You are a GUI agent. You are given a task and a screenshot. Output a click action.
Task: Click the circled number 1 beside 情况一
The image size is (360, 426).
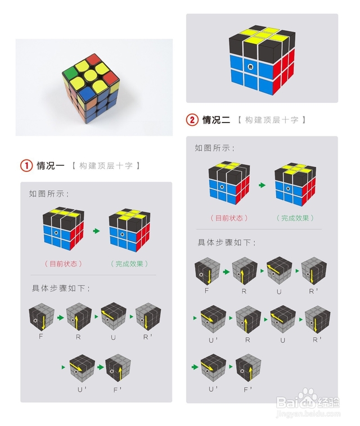click(26, 166)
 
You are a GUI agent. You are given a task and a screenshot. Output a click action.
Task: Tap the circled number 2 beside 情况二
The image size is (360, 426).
click(192, 120)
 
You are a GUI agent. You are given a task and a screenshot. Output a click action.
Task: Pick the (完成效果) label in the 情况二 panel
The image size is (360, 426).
click(295, 218)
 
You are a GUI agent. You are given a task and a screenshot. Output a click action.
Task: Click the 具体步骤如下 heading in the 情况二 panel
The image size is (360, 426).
click(226, 243)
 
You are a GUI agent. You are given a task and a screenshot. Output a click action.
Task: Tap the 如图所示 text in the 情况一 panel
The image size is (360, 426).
click(49, 194)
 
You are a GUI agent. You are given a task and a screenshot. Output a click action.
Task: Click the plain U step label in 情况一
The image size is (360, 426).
click(113, 337)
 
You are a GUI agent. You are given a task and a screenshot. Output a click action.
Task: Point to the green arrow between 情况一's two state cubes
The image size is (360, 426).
click(96, 231)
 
